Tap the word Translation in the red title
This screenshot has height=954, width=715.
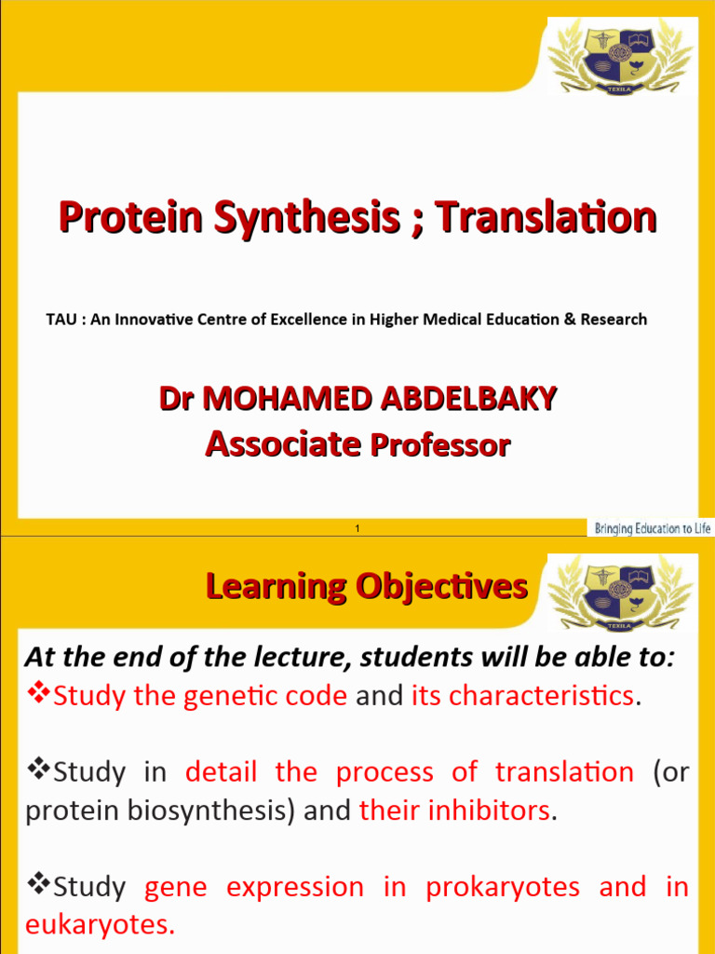click(x=546, y=218)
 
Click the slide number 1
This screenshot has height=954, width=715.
click(x=357, y=529)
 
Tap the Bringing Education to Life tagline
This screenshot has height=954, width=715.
click(x=652, y=528)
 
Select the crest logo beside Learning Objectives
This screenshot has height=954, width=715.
click(x=619, y=593)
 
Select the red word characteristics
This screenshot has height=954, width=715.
click(x=521, y=696)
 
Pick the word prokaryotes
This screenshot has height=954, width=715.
click(x=503, y=888)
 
